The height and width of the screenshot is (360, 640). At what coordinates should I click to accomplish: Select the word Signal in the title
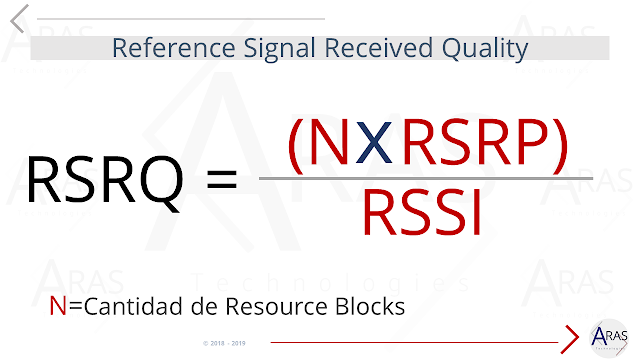click(x=254, y=47)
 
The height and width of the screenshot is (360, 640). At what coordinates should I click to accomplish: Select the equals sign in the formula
click(x=222, y=182)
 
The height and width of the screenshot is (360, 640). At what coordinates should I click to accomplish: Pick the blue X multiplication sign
click(x=372, y=143)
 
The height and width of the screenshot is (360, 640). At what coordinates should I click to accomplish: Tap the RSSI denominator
click(x=423, y=212)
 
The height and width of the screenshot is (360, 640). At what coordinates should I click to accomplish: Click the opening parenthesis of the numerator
click(x=296, y=143)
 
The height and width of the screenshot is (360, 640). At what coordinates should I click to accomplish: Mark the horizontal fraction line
click(x=425, y=179)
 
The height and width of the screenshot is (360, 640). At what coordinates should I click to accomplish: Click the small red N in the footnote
click(x=57, y=306)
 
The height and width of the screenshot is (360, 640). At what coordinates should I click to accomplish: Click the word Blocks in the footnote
click(x=371, y=306)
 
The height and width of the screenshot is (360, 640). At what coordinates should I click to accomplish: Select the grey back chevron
click(x=18, y=18)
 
